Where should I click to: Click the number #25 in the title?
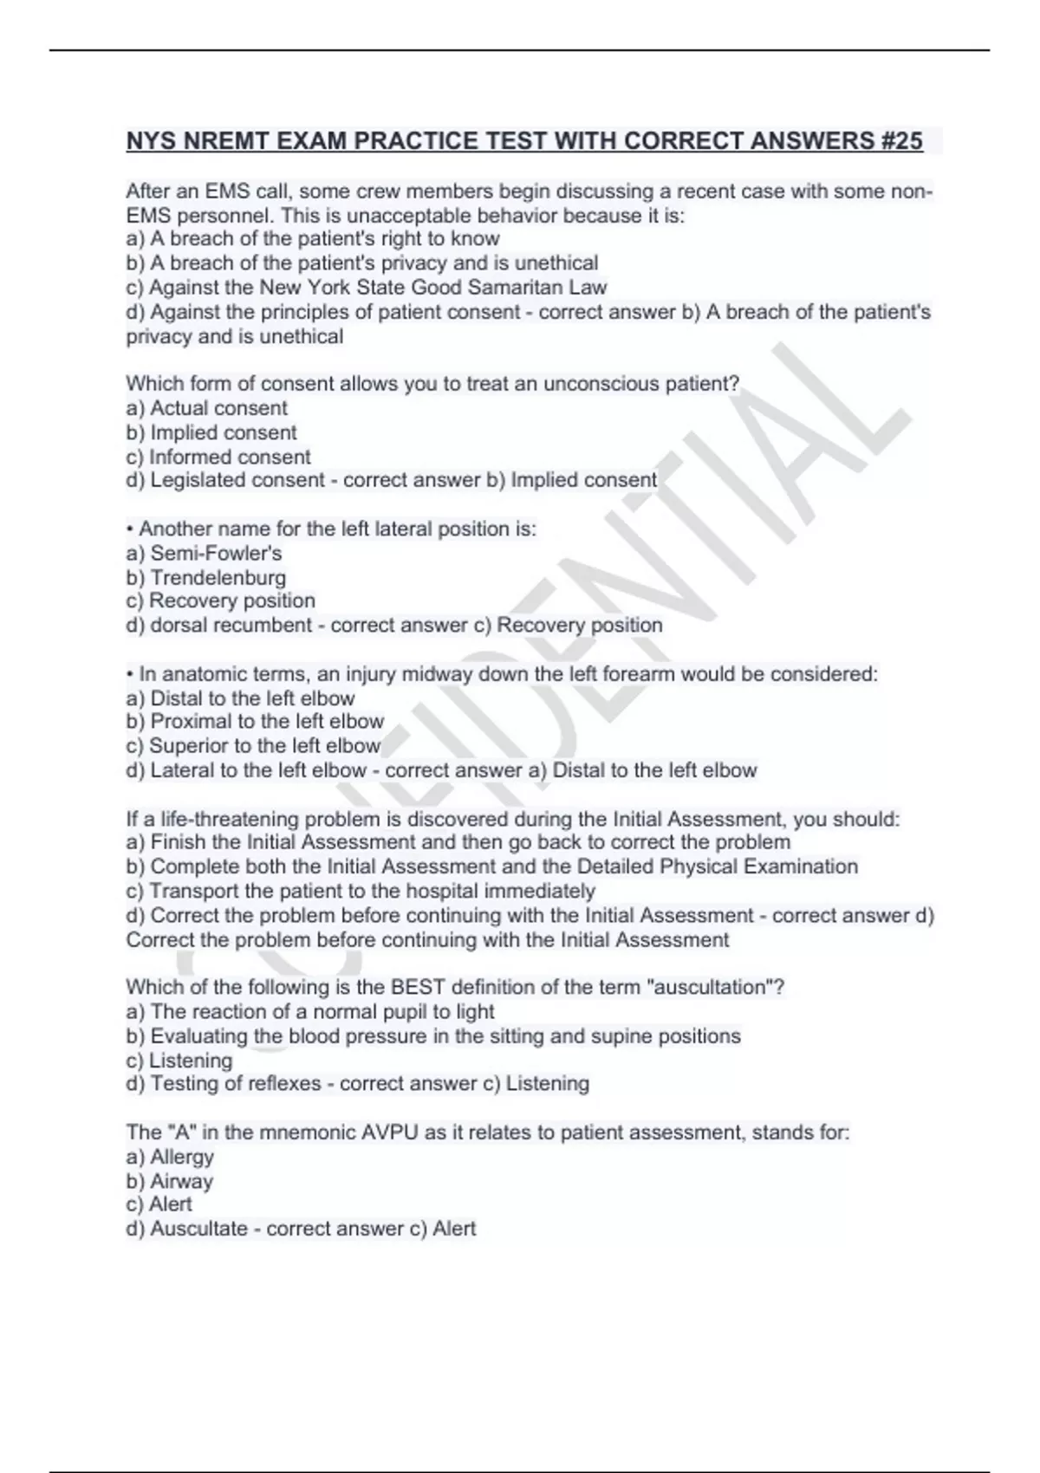coord(902,140)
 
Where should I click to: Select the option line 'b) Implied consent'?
coord(211,432)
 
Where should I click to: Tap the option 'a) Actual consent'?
coord(206,408)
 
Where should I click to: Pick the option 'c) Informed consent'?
coord(218,457)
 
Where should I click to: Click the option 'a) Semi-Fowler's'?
coord(204,553)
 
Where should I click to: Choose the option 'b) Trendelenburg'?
coord(205,577)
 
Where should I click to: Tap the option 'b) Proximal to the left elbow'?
coord(255,722)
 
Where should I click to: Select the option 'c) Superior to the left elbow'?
coord(253,746)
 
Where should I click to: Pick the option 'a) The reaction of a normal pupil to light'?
coord(310,1011)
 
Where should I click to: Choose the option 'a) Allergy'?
coord(170,1157)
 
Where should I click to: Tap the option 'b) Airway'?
coord(169,1181)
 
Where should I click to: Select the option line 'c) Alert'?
coord(159,1204)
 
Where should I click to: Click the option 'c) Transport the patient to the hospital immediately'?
coord(361,891)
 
